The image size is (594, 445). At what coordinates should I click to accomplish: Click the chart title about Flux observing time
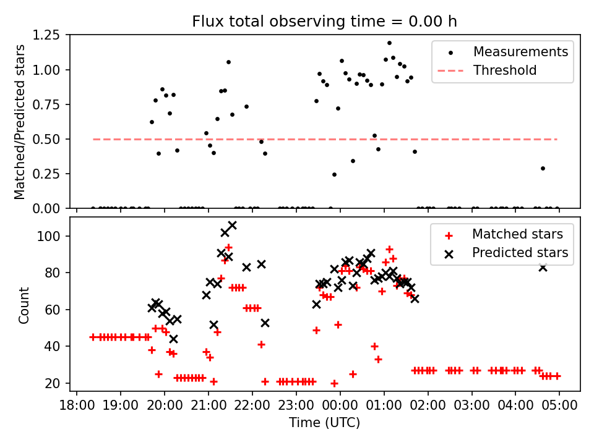325,22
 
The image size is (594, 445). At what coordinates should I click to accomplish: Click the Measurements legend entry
520,52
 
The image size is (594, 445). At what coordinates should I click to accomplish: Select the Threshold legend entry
504,70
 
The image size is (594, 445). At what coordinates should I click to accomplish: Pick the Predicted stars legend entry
520,253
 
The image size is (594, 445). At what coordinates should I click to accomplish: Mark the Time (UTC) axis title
325,423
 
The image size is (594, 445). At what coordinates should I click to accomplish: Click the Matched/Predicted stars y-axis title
20,122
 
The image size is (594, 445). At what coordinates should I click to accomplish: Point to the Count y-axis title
24,305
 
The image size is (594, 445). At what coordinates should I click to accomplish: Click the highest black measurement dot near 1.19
389,43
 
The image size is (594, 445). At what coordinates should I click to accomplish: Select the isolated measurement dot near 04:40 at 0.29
543,168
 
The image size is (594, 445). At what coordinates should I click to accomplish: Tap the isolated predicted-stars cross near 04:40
543,267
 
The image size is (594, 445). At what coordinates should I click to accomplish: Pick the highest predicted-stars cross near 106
232,226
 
